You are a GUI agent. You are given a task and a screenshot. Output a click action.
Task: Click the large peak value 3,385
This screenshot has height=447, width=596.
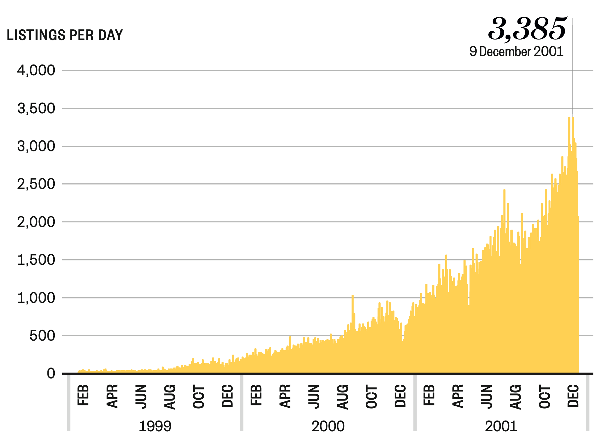click(x=527, y=29)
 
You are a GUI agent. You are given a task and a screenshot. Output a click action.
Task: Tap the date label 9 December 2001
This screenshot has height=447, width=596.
click(x=516, y=52)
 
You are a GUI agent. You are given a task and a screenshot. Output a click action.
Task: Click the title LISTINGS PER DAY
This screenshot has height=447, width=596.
click(x=65, y=35)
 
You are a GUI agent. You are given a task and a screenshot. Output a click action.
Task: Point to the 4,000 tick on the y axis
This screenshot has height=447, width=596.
click(x=36, y=71)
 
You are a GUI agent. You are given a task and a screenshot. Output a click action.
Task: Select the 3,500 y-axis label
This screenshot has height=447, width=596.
click(x=36, y=109)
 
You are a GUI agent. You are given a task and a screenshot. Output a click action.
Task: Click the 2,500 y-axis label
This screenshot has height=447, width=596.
click(x=36, y=184)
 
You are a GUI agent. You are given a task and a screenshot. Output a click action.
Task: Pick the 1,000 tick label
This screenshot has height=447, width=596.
click(x=36, y=298)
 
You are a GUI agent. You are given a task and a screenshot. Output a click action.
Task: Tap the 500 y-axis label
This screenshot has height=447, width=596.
click(x=42, y=336)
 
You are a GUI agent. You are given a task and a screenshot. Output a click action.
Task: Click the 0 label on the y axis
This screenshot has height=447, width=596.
click(x=51, y=374)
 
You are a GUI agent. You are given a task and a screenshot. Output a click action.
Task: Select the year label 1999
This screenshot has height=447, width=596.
click(x=155, y=426)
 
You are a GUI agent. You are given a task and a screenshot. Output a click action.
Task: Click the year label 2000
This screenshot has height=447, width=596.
click(x=328, y=426)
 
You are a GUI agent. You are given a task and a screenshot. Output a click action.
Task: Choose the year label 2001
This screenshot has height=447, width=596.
click(x=501, y=426)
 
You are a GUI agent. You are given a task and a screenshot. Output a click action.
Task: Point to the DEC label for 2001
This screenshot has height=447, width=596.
click(x=573, y=396)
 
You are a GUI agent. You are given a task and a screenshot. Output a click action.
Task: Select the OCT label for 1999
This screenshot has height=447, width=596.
click(x=199, y=397)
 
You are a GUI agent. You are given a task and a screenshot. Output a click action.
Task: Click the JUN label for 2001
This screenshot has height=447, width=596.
click(x=487, y=397)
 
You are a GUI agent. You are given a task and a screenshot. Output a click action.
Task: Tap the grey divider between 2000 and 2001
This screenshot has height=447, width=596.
click(x=415, y=403)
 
